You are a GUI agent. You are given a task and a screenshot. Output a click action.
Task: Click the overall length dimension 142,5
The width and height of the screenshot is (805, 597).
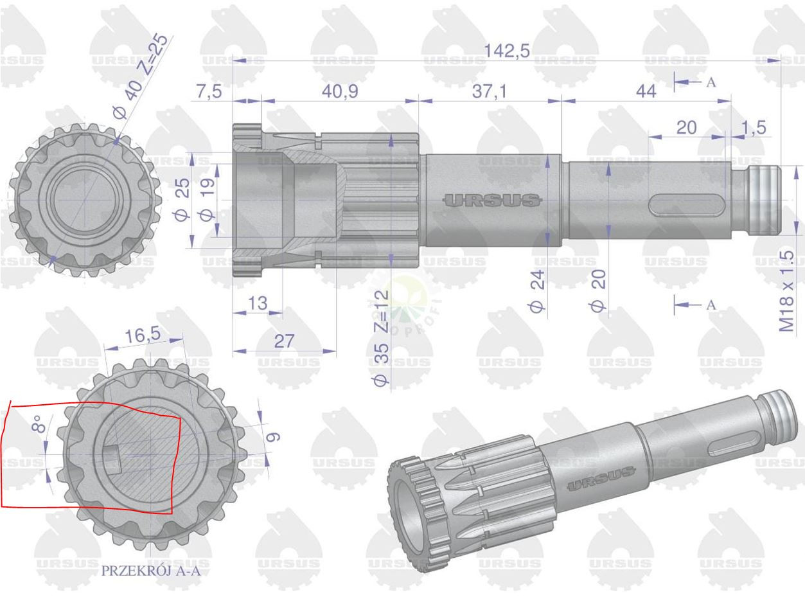pos(507,51)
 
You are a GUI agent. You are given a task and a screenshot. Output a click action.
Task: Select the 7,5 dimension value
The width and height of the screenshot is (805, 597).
pos(209,91)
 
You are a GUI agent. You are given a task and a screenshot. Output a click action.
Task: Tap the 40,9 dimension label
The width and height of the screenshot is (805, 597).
pos(340,91)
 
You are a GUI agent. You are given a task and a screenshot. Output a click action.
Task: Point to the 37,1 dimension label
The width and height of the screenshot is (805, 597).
pos(490,91)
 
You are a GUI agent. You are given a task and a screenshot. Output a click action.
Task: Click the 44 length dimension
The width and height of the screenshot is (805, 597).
pos(646,91)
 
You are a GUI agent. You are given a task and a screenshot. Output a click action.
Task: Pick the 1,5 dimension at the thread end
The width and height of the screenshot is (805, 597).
pos(754,127)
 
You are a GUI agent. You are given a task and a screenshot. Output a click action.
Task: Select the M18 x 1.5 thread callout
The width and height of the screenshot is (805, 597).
pos(787,291)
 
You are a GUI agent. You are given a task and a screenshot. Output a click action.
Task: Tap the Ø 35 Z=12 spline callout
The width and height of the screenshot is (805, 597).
pos(381,338)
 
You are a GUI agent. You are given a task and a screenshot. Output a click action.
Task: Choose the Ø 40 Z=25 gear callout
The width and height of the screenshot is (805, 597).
pos(141,76)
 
